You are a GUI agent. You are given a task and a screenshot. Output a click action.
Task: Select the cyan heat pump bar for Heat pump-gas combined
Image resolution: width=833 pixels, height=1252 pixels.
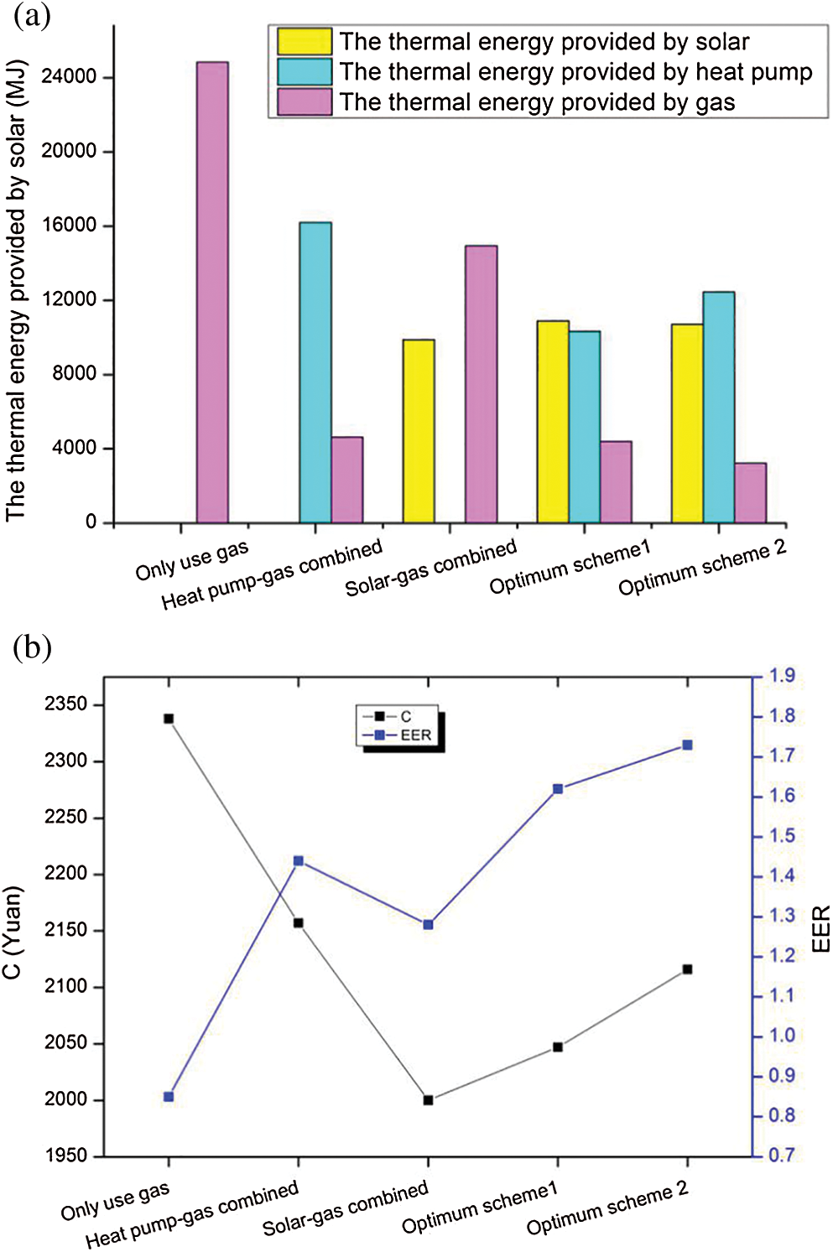[315, 372]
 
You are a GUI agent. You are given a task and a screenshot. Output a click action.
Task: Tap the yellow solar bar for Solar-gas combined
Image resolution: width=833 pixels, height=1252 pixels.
[419, 431]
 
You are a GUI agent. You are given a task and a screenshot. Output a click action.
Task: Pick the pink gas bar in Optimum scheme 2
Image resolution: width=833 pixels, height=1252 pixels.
[750, 493]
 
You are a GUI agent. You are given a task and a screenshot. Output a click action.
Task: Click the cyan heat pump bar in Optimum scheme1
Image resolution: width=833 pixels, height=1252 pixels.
[585, 427]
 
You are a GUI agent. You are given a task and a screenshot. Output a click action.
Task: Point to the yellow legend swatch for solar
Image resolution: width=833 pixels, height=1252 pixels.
[305, 42]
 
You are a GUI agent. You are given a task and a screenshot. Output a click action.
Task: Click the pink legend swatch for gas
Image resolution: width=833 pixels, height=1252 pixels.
[305, 102]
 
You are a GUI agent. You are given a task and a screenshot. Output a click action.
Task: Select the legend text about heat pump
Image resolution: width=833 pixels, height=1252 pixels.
[575, 72]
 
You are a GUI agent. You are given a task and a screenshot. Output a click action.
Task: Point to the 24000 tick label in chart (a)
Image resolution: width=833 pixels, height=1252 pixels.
[69, 77]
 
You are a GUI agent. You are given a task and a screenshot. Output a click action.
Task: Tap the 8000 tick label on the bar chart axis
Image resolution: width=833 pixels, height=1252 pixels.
[74, 374]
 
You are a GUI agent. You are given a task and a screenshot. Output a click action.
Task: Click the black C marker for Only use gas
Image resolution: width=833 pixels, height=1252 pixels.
[169, 719]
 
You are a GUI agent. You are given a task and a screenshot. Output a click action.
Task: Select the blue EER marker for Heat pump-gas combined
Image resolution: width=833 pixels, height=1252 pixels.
[299, 861]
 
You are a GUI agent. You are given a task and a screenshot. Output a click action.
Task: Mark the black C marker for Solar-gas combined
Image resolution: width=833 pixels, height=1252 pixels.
[429, 1100]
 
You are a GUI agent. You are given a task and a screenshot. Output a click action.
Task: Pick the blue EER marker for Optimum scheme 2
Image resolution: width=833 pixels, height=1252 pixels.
[688, 745]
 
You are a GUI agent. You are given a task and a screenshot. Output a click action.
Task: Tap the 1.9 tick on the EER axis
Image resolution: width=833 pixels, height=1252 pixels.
[782, 676]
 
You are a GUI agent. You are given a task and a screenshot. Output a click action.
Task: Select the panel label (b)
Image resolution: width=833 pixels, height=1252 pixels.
[32, 647]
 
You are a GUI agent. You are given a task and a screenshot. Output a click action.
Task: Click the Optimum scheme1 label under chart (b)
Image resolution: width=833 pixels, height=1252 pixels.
[480, 1209]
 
